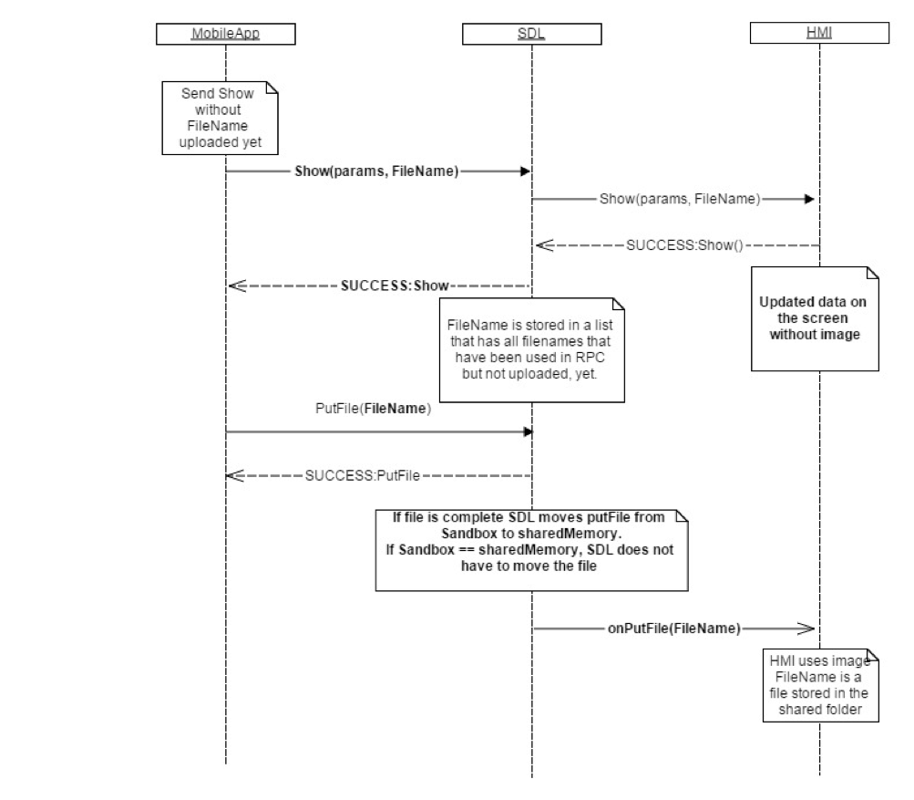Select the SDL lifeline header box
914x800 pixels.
pos(531,35)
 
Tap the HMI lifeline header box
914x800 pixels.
pos(818,35)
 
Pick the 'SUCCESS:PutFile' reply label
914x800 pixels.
pos(363,475)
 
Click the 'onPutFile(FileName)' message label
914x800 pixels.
pos(673,629)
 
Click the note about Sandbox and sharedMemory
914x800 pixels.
pos(531,548)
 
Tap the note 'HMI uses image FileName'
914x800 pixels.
pos(820,685)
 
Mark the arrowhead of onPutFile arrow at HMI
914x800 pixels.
pos(806,629)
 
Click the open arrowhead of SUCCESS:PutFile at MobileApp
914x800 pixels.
pos(234,475)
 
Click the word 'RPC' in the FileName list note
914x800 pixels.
pos(597,358)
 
